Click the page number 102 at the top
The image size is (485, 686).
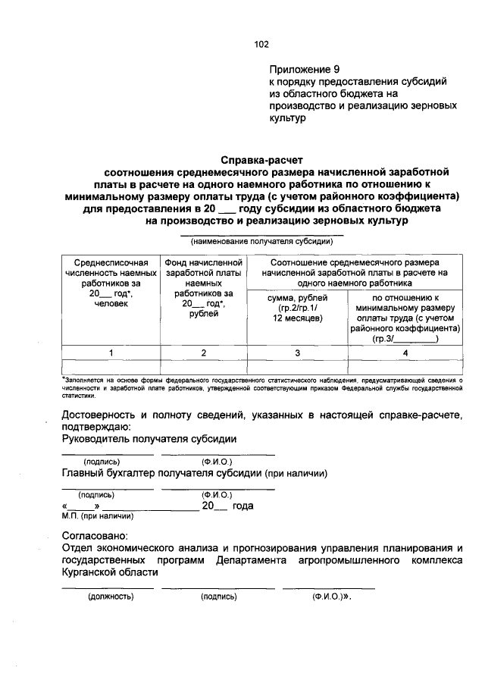[261, 44]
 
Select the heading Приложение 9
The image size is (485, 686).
[302, 69]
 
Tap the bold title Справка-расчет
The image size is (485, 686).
[261, 160]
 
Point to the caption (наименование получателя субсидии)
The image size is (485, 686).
[261, 243]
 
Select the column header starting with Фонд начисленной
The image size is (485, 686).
[202, 287]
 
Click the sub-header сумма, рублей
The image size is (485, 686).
[297, 309]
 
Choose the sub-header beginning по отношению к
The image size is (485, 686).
[405, 319]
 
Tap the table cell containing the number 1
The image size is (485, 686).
[111, 352]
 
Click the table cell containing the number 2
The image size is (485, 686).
[202, 352]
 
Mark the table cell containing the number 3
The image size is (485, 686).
[297, 352]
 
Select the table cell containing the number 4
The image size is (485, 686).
[405, 352]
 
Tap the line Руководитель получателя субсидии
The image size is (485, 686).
[149, 440]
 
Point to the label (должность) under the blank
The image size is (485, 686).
[111, 597]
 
